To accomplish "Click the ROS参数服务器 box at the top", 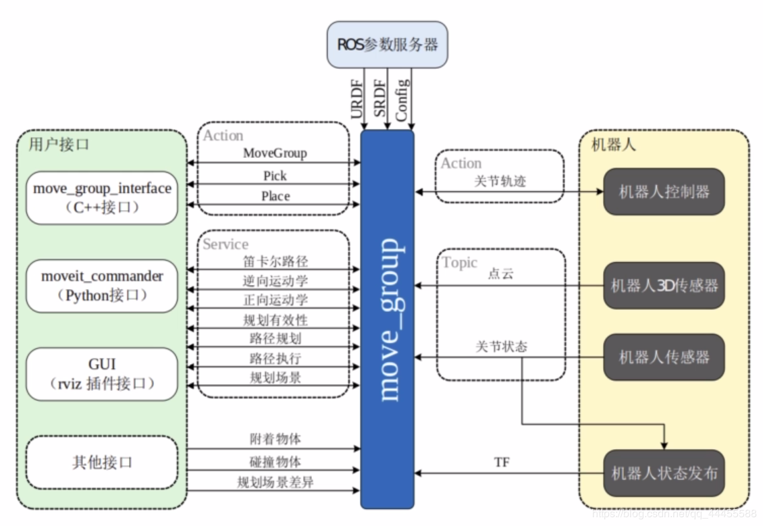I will click(387, 45).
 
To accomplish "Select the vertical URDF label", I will click(357, 99).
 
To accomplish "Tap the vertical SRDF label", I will click(380, 99).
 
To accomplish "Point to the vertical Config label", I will click(402, 100).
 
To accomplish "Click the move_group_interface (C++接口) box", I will click(102, 198).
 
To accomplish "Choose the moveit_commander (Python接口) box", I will click(102, 286).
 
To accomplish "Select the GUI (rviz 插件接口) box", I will click(102, 374).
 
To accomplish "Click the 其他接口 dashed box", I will click(102, 463).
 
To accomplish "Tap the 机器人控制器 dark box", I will click(664, 192).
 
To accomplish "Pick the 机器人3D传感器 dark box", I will click(664, 286).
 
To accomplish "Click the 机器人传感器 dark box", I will click(664, 357).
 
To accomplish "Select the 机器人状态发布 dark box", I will click(664, 473).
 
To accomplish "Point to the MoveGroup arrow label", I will click(275, 153).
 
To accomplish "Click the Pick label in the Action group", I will click(275, 176).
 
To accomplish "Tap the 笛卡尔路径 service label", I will click(275, 261).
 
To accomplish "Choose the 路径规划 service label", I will click(275, 338).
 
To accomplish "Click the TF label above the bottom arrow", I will click(502, 463).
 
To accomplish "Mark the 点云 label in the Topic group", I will click(500, 275).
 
